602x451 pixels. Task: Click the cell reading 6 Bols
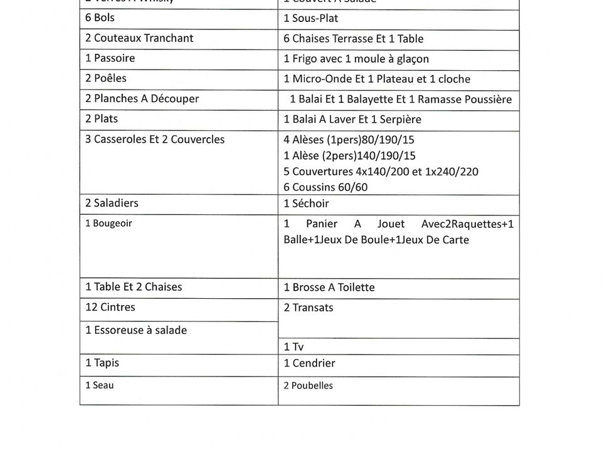(100, 18)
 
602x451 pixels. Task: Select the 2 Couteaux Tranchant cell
(139, 38)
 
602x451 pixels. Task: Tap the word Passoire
(114, 58)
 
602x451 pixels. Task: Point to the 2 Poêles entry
(106, 78)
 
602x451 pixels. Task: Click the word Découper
(175, 98)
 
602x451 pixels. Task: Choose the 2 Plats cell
(102, 118)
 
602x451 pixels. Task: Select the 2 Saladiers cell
(112, 203)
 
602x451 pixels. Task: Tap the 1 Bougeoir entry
(109, 223)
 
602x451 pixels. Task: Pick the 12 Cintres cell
(110, 307)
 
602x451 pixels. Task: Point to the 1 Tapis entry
(102, 363)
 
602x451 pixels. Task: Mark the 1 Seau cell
(100, 385)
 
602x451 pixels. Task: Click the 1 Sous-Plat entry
(311, 18)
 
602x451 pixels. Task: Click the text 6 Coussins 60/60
(325, 187)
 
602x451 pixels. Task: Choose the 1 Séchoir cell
(306, 204)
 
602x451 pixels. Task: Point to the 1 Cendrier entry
(309, 363)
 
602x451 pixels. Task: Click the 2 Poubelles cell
(308, 386)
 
